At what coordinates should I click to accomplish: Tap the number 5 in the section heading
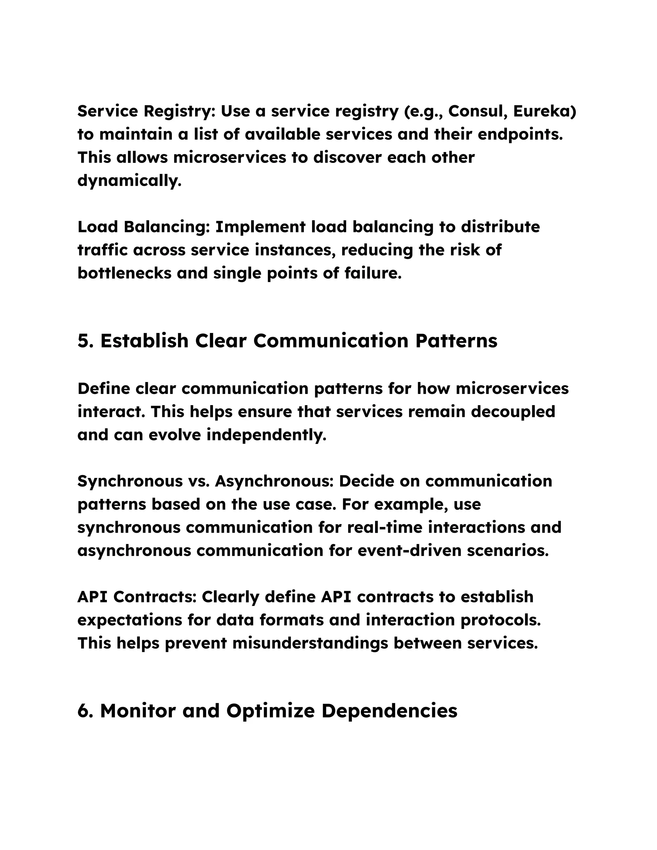(x=83, y=341)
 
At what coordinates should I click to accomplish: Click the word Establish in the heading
(x=144, y=341)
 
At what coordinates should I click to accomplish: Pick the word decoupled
(x=513, y=412)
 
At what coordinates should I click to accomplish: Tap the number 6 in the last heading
(x=83, y=711)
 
